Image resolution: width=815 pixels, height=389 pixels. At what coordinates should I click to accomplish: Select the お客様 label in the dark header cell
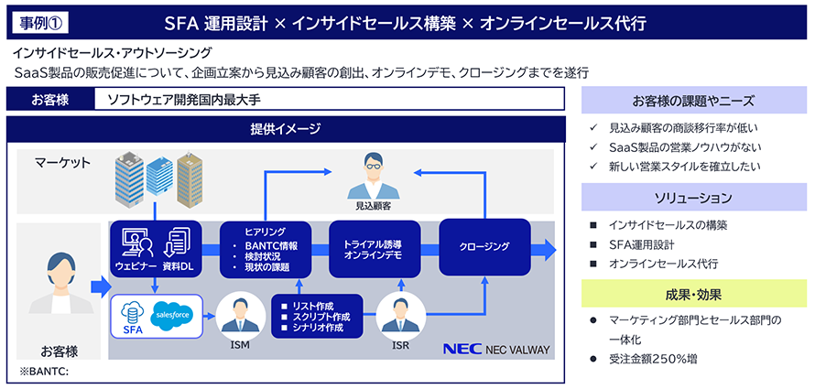pos(49,99)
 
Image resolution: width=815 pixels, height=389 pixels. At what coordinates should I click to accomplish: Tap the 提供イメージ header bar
pos(285,128)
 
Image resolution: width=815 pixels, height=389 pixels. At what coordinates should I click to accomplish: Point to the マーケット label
pos(63,163)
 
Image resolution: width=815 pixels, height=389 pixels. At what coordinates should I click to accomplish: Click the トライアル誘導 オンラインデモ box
pos(374,248)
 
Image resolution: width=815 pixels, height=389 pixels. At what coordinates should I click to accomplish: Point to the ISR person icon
pos(399,314)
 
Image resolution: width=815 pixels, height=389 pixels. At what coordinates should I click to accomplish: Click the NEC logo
pos(462,350)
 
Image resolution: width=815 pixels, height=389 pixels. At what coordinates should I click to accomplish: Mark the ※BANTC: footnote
pos(45,372)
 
